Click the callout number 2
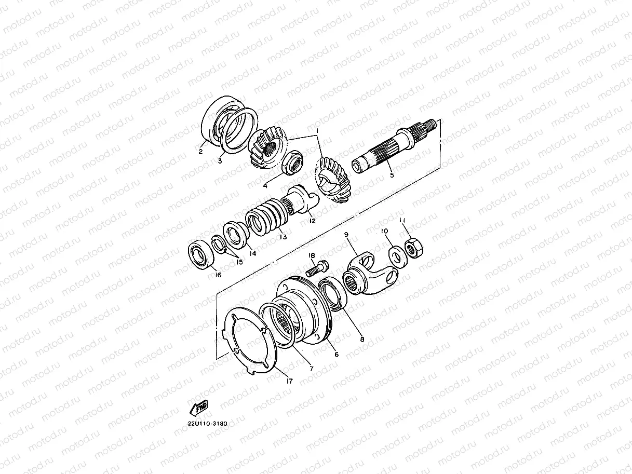tap(200, 152)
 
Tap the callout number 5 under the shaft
tap(392, 175)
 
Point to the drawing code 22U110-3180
tap(208, 423)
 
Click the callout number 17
tap(289, 381)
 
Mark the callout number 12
tap(312, 221)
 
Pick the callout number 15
tap(239, 262)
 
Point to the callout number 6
tap(336, 355)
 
